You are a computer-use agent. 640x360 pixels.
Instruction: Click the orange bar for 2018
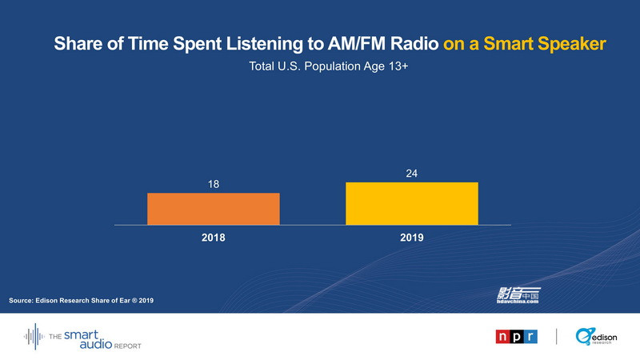click(x=213, y=209)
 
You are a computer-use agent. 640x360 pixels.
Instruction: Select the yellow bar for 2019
click(x=411, y=203)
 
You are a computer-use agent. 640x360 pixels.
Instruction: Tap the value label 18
click(x=214, y=184)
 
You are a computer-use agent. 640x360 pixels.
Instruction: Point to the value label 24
click(x=412, y=173)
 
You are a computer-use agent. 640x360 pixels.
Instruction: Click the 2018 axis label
click(x=214, y=238)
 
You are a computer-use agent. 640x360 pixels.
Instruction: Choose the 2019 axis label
click(x=412, y=238)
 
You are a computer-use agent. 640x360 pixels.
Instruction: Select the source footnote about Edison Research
click(x=80, y=300)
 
